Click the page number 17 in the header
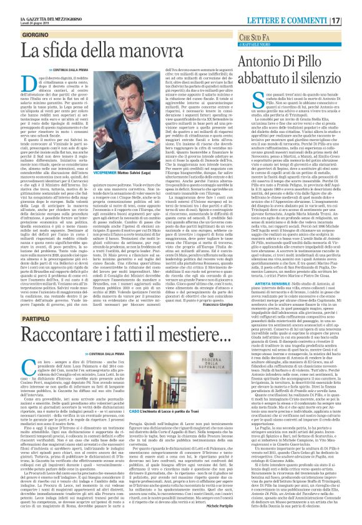click(x=354, y=19)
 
